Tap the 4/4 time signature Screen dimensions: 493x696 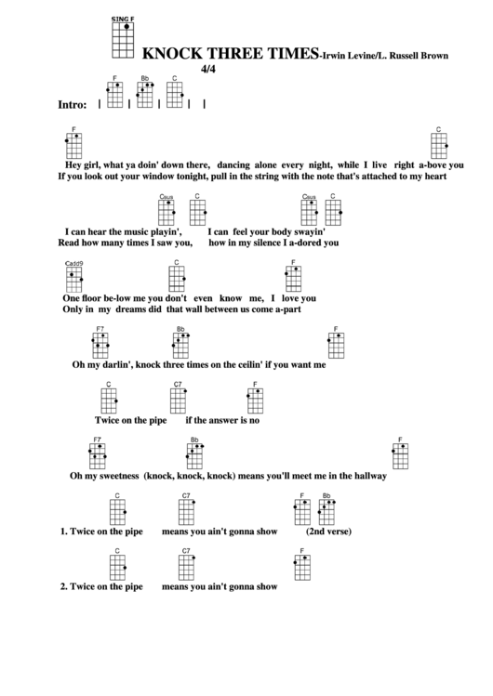coord(208,69)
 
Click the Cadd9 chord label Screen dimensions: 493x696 coord(74,266)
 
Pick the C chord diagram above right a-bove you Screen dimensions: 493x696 coord(439,145)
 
